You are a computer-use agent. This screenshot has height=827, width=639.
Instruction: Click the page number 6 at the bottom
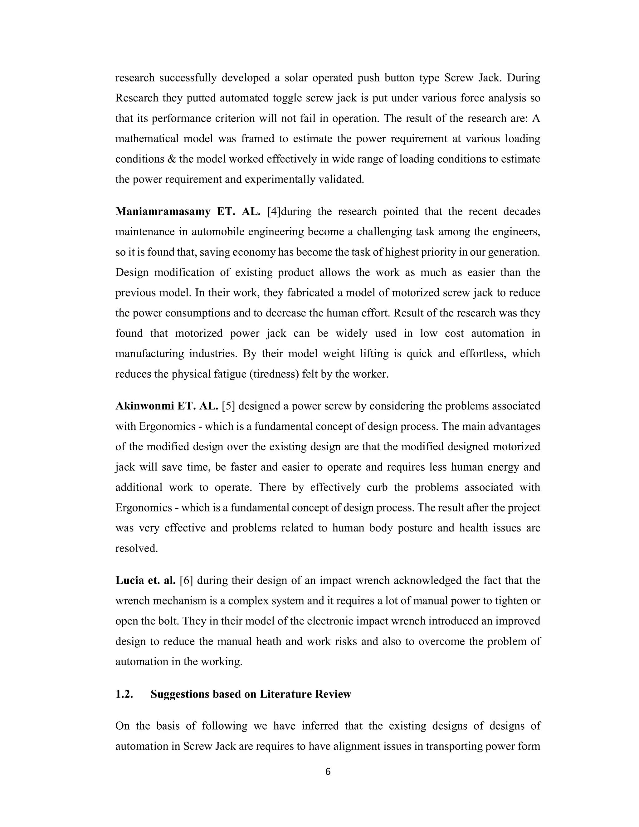328,771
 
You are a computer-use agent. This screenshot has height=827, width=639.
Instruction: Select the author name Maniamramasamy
163,211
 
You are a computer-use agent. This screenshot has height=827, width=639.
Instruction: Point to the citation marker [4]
274,211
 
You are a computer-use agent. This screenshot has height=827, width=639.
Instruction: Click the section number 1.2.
124,694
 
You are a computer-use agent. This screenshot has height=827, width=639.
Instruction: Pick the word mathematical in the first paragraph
147,139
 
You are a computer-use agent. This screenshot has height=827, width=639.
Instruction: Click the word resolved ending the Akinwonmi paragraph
136,548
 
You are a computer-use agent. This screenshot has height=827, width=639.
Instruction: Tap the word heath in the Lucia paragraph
268,641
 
